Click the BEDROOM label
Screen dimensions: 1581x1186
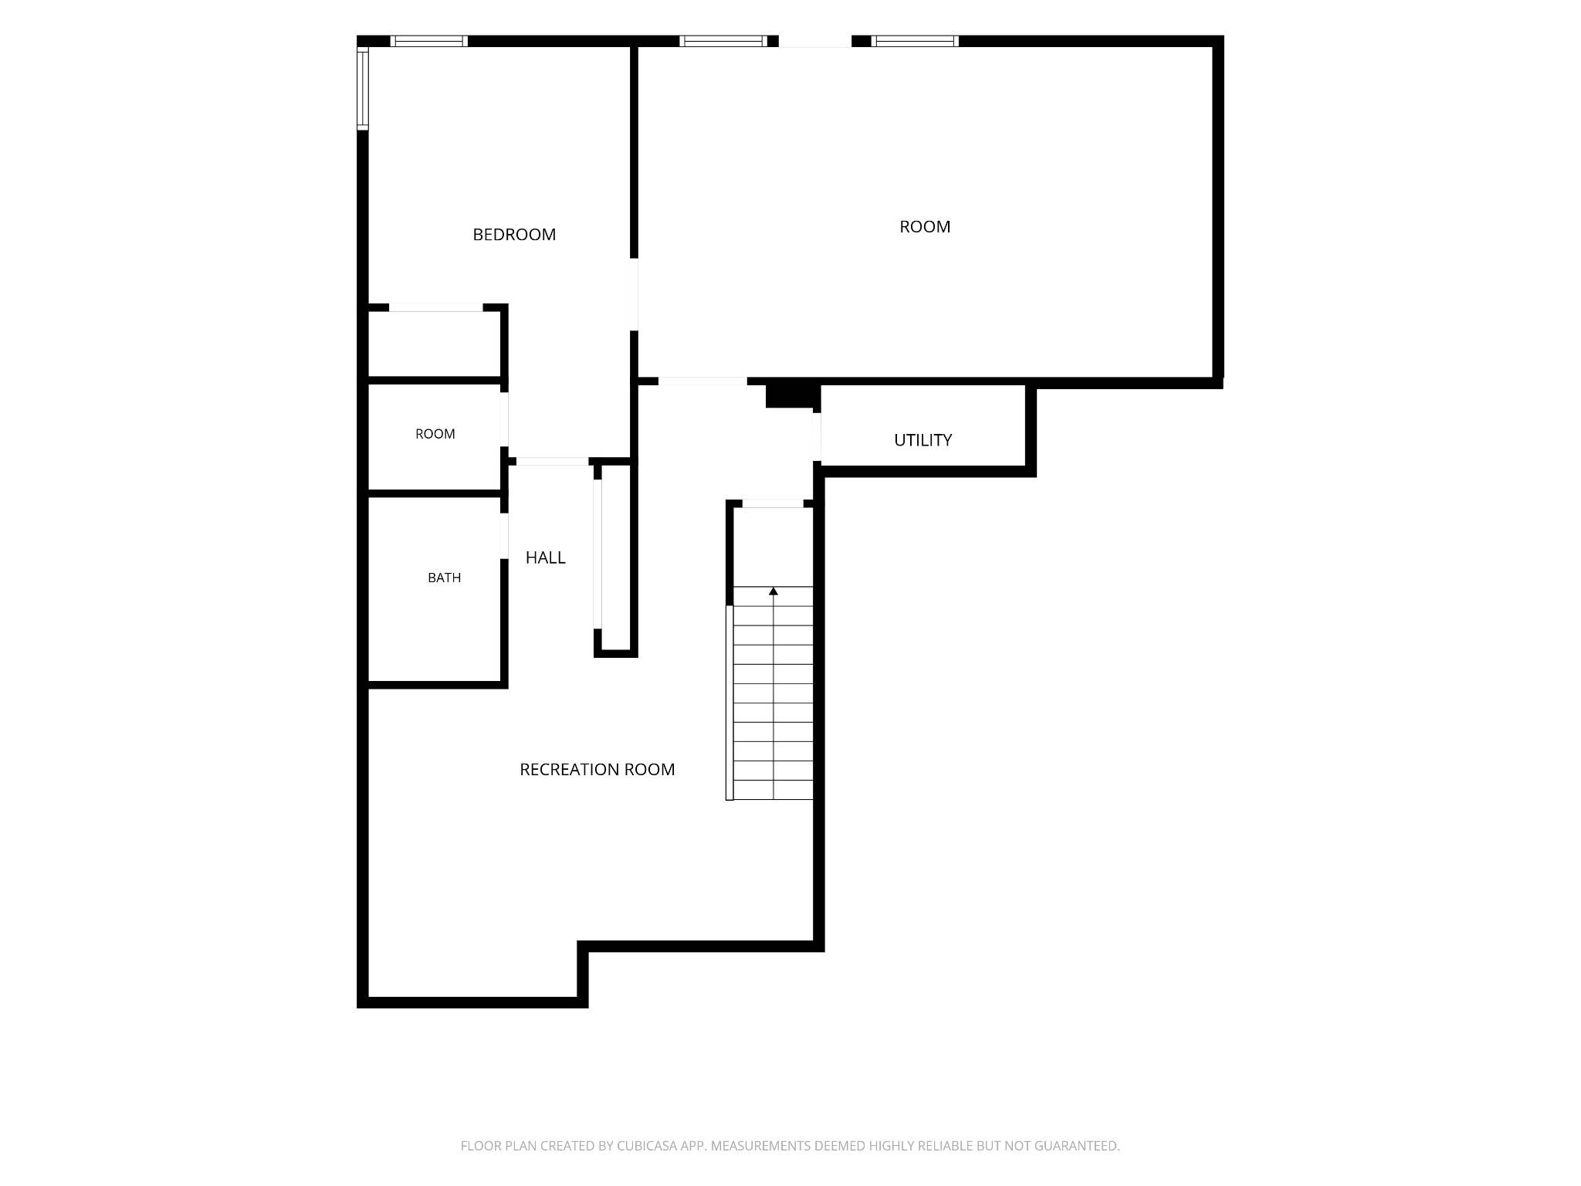[514, 235]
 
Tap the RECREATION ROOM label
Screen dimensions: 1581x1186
[597, 770]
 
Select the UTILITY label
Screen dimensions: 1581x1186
[923, 440]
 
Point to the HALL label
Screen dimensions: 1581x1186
[545, 557]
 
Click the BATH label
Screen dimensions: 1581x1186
[444, 578]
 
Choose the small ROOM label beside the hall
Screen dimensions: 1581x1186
[435, 434]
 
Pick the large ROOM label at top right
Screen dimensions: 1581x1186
[925, 227]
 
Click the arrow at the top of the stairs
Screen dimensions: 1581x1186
[774, 591]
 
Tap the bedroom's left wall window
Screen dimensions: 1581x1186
[362, 88]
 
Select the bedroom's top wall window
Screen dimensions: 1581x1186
[428, 41]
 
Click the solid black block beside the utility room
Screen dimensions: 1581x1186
[791, 395]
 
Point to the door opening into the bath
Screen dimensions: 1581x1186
[504, 536]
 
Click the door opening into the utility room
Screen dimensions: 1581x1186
[817, 437]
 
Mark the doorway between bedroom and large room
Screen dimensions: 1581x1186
[634, 294]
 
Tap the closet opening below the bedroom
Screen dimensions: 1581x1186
[435, 307]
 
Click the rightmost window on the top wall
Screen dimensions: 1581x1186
[915, 41]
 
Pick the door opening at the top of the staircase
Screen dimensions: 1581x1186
[773, 503]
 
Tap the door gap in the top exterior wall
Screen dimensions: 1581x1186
[814, 41]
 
